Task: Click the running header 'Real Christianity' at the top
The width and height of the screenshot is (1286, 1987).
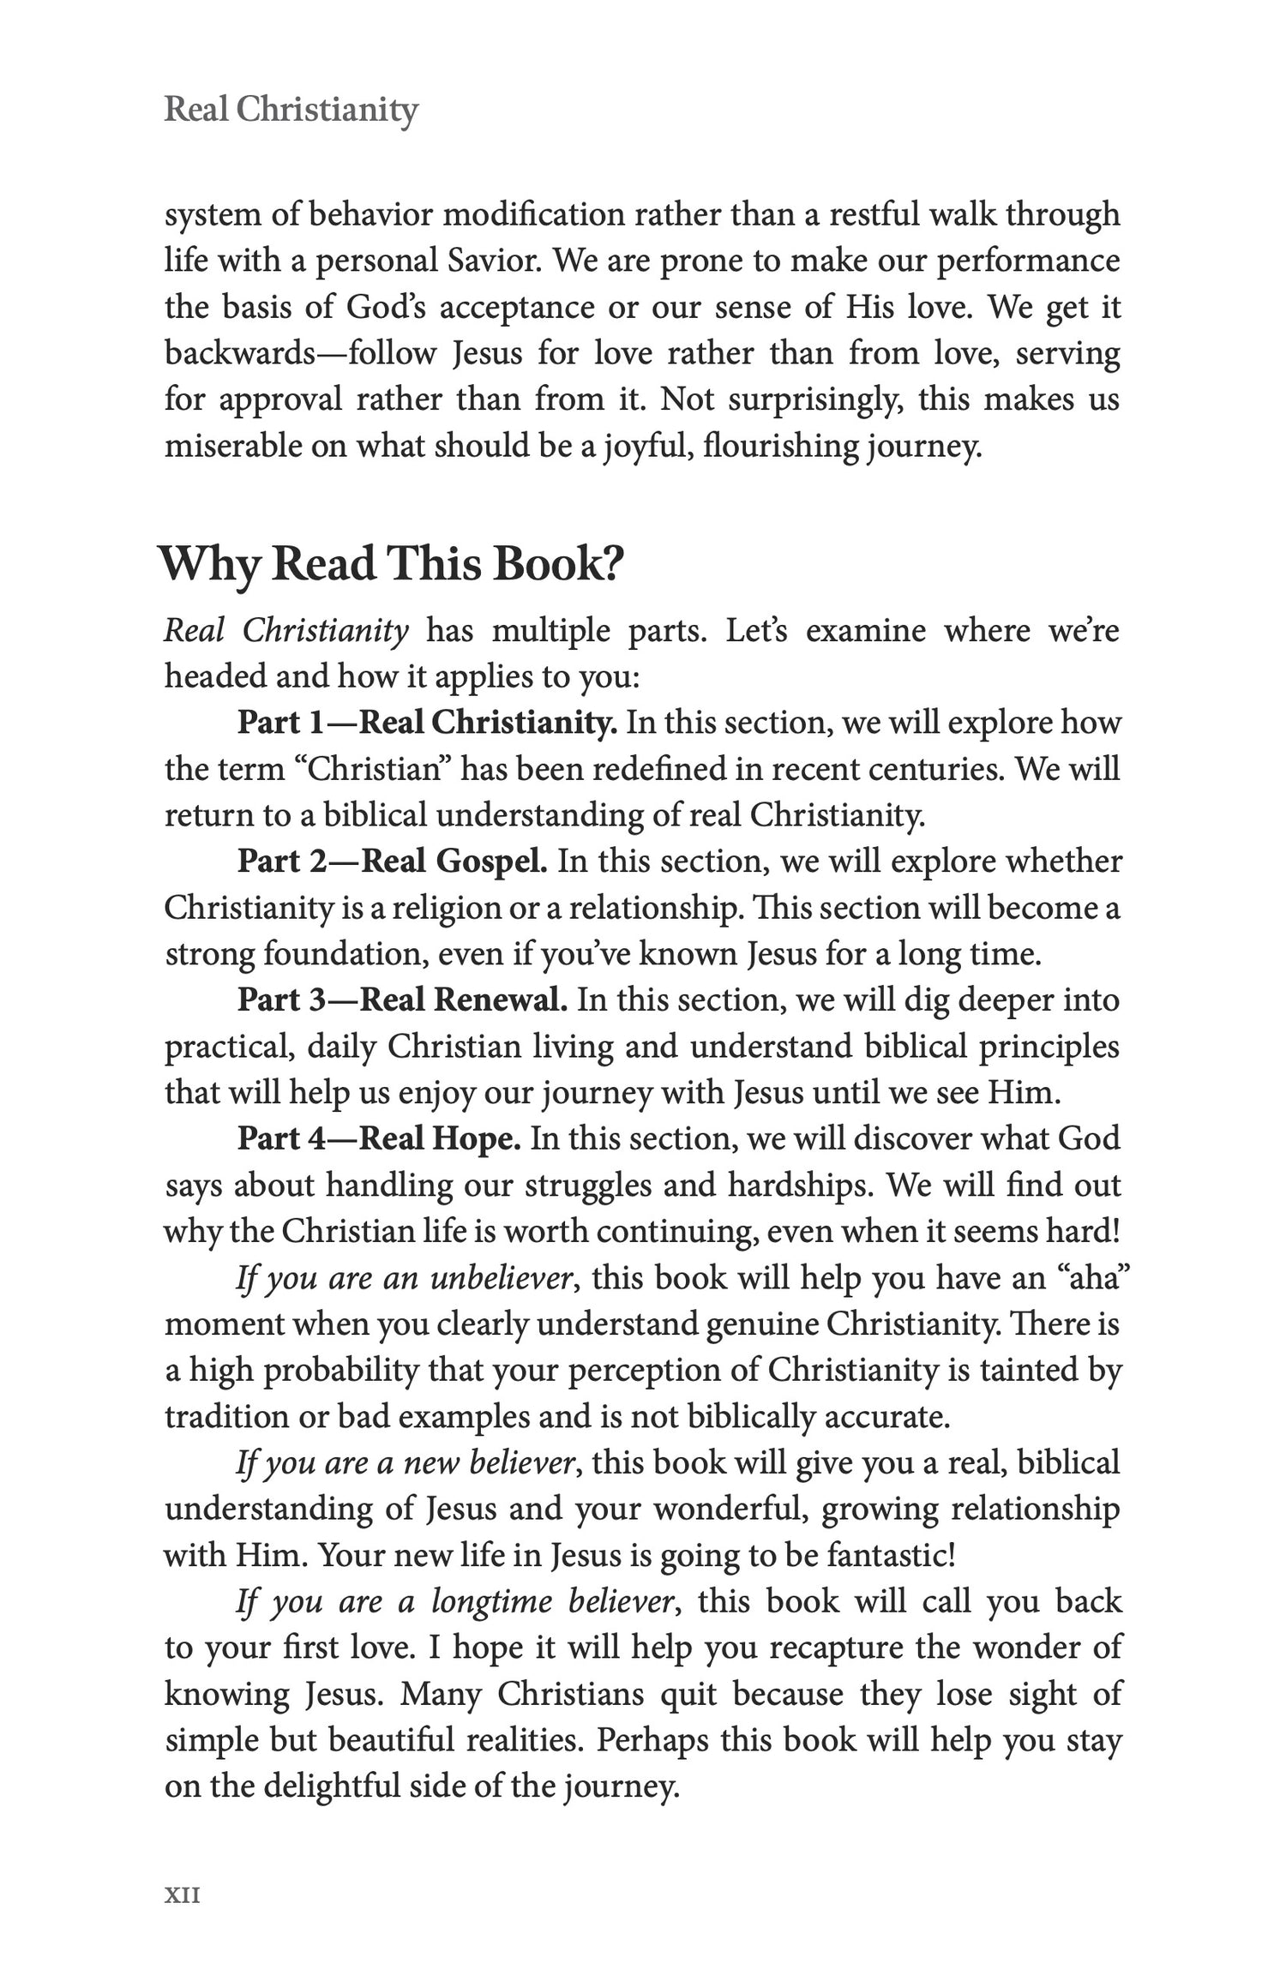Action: (291, 111)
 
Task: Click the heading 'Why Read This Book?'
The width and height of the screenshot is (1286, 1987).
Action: (390, 564)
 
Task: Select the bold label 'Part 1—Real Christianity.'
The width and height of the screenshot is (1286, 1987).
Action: (426, 723)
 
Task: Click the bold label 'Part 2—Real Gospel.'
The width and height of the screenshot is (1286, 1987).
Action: (392, 861)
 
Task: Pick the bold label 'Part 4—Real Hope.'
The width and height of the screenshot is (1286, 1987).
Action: (379, 1138)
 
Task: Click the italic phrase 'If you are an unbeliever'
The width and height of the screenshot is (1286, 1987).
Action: (404, 1278)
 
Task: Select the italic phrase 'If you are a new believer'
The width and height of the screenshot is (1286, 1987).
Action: (405, 1462)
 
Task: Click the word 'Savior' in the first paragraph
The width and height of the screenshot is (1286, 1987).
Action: (494, 261)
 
